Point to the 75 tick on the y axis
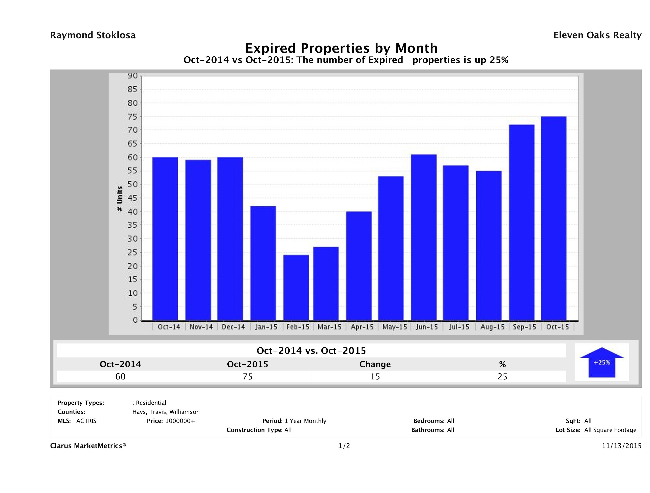133,117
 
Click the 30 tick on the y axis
133,239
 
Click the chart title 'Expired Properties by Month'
341,48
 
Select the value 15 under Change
375,376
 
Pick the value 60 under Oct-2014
120,376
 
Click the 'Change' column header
375,364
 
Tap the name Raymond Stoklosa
93,35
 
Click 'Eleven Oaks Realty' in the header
597,35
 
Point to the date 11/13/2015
621,446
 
